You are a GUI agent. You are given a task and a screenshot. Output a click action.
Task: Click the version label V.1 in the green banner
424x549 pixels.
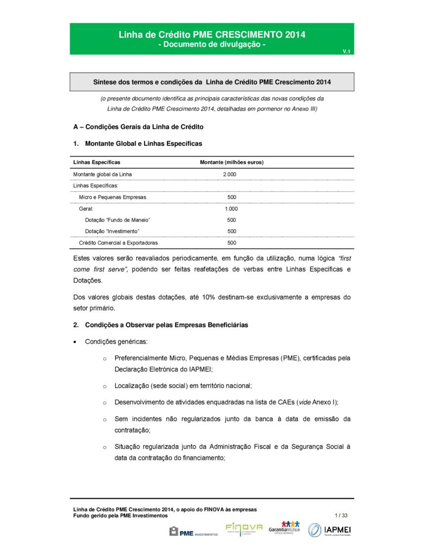(x=346, y=51)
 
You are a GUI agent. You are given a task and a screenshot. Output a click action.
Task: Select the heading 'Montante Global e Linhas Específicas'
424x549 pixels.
(x=143, y=144)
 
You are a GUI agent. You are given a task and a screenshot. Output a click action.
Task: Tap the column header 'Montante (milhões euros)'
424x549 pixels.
(x=232, y=162)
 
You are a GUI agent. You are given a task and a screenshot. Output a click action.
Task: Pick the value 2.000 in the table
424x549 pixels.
(x=229, y=174)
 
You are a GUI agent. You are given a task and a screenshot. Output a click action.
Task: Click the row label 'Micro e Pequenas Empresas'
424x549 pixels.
(x=113, y=197)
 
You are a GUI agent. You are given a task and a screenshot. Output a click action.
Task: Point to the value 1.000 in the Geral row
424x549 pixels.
(x=231, y=209)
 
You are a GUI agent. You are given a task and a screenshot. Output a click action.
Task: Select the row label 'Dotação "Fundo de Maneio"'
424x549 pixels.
(x=117, y=220)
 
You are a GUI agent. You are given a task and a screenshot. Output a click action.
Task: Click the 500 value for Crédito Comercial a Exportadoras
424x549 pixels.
(x=232, y=243)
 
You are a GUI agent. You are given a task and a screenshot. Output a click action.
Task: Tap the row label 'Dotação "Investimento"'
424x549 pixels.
(x=112, y=231)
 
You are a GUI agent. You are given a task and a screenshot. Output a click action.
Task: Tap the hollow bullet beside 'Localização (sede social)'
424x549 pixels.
(x=105, y=386)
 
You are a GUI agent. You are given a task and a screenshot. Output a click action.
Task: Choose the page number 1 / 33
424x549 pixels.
(x=341, y=515)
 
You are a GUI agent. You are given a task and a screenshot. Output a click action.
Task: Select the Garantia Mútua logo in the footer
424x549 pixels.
(x=284, y=529)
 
